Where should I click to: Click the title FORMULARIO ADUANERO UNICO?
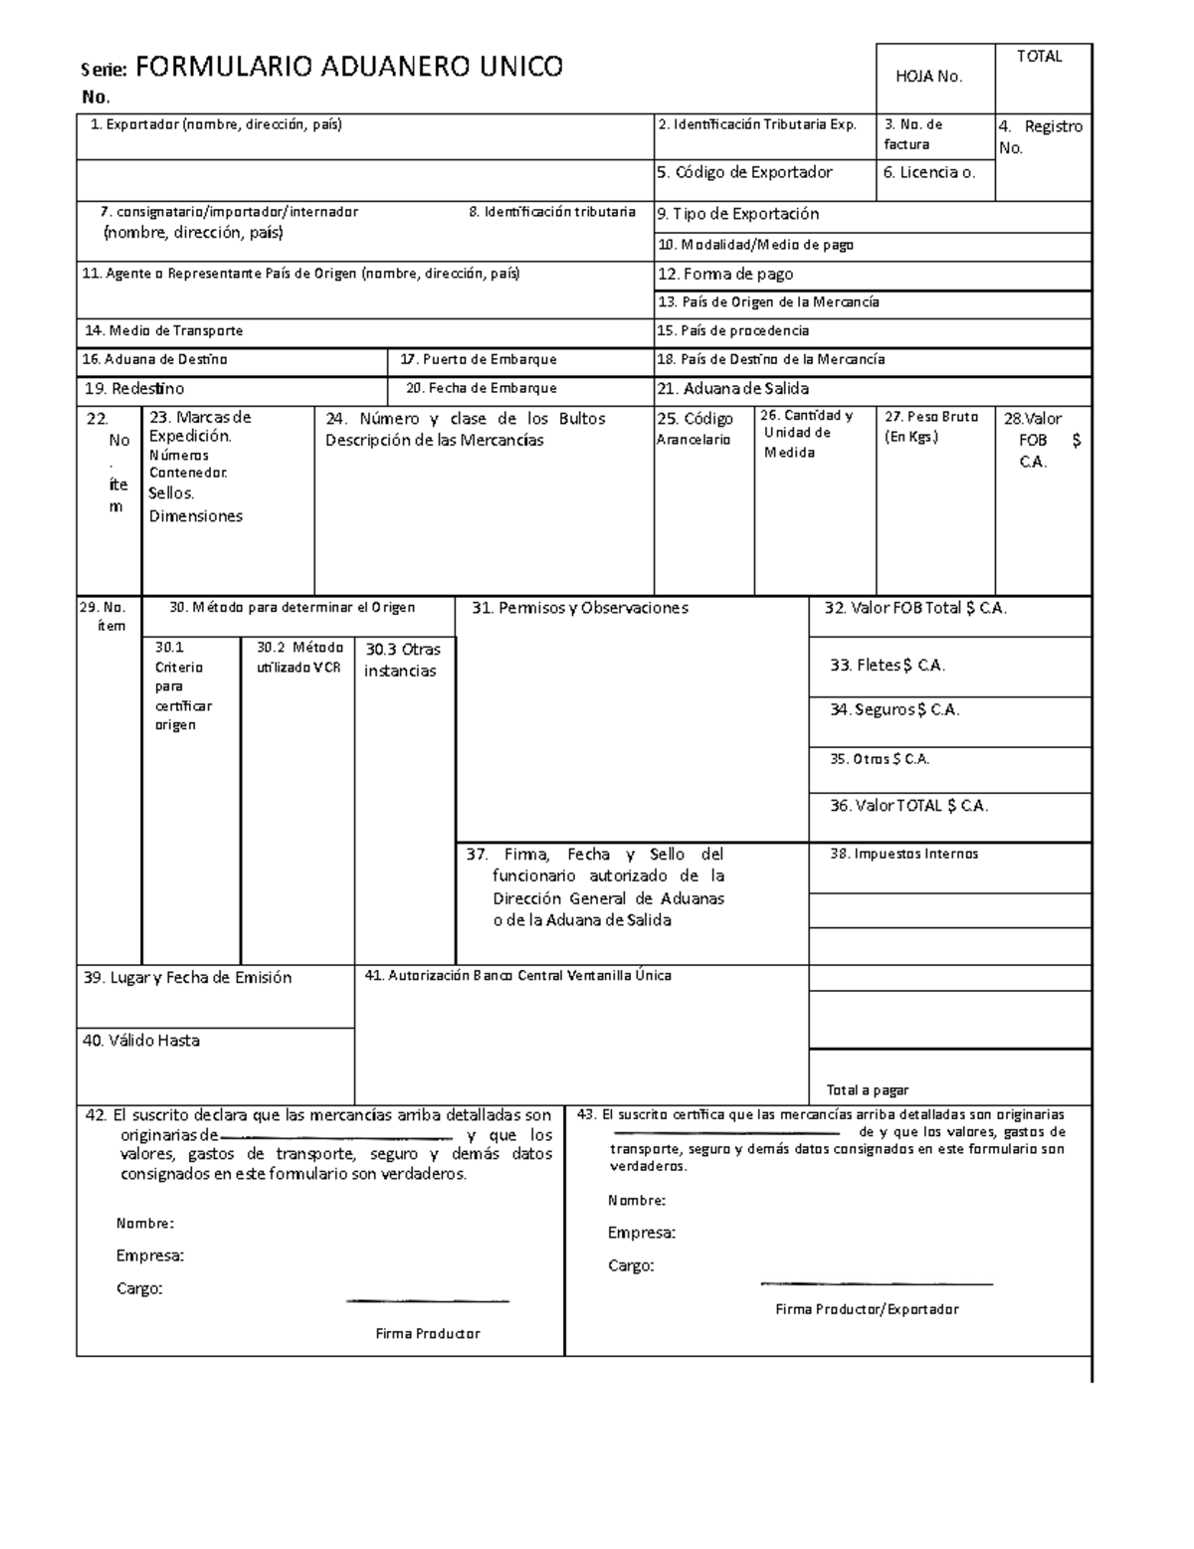click(x=348, y=68)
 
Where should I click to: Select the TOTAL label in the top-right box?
click(x=1039, y=57)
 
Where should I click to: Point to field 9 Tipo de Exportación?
click(x=738, y=214)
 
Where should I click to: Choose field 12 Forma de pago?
click(x=725, y=275)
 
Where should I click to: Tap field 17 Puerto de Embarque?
click(x=478, y=360)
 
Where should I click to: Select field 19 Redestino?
click(x=134, y=389)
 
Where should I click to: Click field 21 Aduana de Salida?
click(x=733, y=389)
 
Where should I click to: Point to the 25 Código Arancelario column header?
click(x=696, y=429)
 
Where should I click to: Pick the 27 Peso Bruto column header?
click(x=931, y=426)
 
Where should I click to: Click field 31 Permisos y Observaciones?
click(x=579, y=608)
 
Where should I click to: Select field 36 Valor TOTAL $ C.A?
click(x=908, y=806)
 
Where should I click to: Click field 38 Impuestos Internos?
click(x=903, y=854)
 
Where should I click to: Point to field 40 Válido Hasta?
click(x=141, y=1041)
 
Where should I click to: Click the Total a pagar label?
click(x=868, y=1090)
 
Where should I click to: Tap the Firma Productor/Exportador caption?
click(x=867, y=1309)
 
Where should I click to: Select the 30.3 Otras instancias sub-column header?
click(x=402, y=660)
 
